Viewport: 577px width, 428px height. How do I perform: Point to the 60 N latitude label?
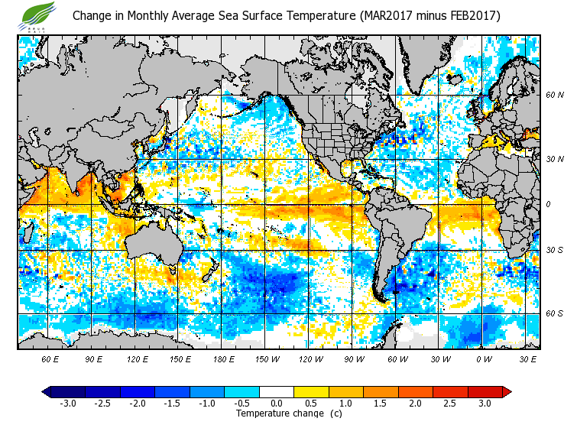click(x=555, y=96)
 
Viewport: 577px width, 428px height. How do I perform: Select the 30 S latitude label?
click(x=555, y=250)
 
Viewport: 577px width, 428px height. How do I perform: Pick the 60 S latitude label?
click(x=555, y=313)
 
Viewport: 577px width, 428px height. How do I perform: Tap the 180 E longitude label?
click(x=222, y=358)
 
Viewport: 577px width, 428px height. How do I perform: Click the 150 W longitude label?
click(x=265, y=358)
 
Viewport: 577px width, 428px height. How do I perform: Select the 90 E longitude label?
click(x=94, y=358)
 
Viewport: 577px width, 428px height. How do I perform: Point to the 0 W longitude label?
click(x=484, y=358)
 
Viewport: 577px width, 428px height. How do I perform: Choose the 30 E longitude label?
click(x=528, y=358)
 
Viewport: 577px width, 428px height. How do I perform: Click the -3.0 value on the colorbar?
click(x=68, y=403)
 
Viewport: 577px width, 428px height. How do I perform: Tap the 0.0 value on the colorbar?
click(x=277, y=403)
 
